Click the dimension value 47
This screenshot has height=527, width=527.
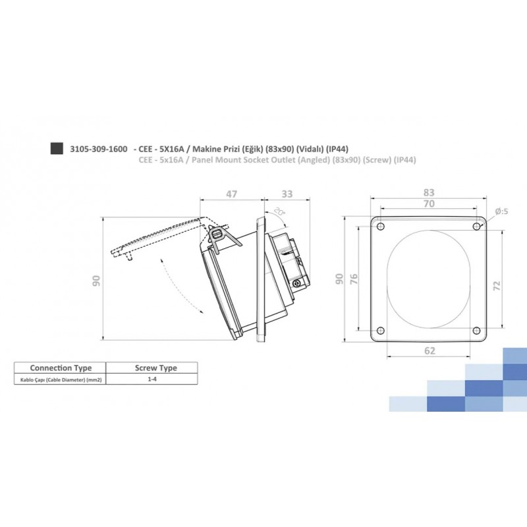[231, 194]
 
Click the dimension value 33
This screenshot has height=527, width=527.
[287, 194]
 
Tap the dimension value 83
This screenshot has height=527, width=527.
[429, 192]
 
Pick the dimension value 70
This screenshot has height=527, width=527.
[429, 205]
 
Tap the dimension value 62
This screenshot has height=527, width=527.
[429, 351]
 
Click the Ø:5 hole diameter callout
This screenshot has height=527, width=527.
[501, 211]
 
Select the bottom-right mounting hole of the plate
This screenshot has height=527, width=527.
[476, 331]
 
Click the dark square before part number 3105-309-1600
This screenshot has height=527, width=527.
[57, 148]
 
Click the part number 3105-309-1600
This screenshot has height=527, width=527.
[99, 149]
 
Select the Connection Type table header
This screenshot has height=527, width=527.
[61, 368]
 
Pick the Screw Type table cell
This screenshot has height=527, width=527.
[155, 368]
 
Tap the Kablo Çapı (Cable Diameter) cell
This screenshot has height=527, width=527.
[61, 380]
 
